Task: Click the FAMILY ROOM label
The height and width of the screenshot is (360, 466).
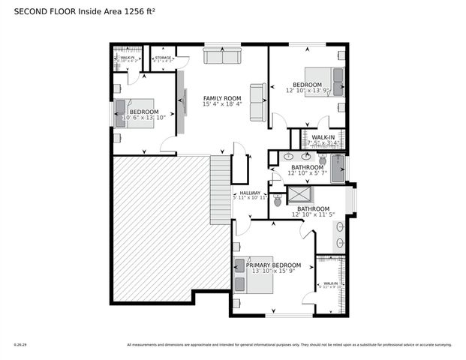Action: tap(222, 98)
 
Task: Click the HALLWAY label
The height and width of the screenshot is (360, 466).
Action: tap(250, 192)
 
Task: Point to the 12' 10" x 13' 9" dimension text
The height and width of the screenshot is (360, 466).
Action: tap(308, 91)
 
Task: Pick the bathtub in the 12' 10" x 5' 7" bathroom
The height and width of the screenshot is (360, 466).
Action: tap(336, 167)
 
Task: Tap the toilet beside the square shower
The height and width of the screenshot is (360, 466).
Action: tap(278, 200)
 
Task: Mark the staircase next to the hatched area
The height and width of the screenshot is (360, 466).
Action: tap(220, 187)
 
